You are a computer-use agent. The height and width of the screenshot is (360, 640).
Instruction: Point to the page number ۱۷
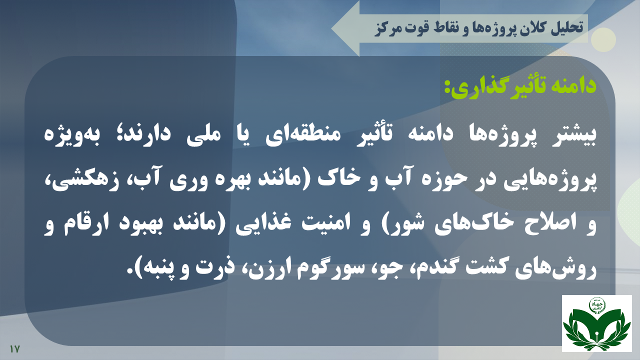14,349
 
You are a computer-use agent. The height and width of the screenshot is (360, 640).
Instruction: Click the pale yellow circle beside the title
603,39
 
